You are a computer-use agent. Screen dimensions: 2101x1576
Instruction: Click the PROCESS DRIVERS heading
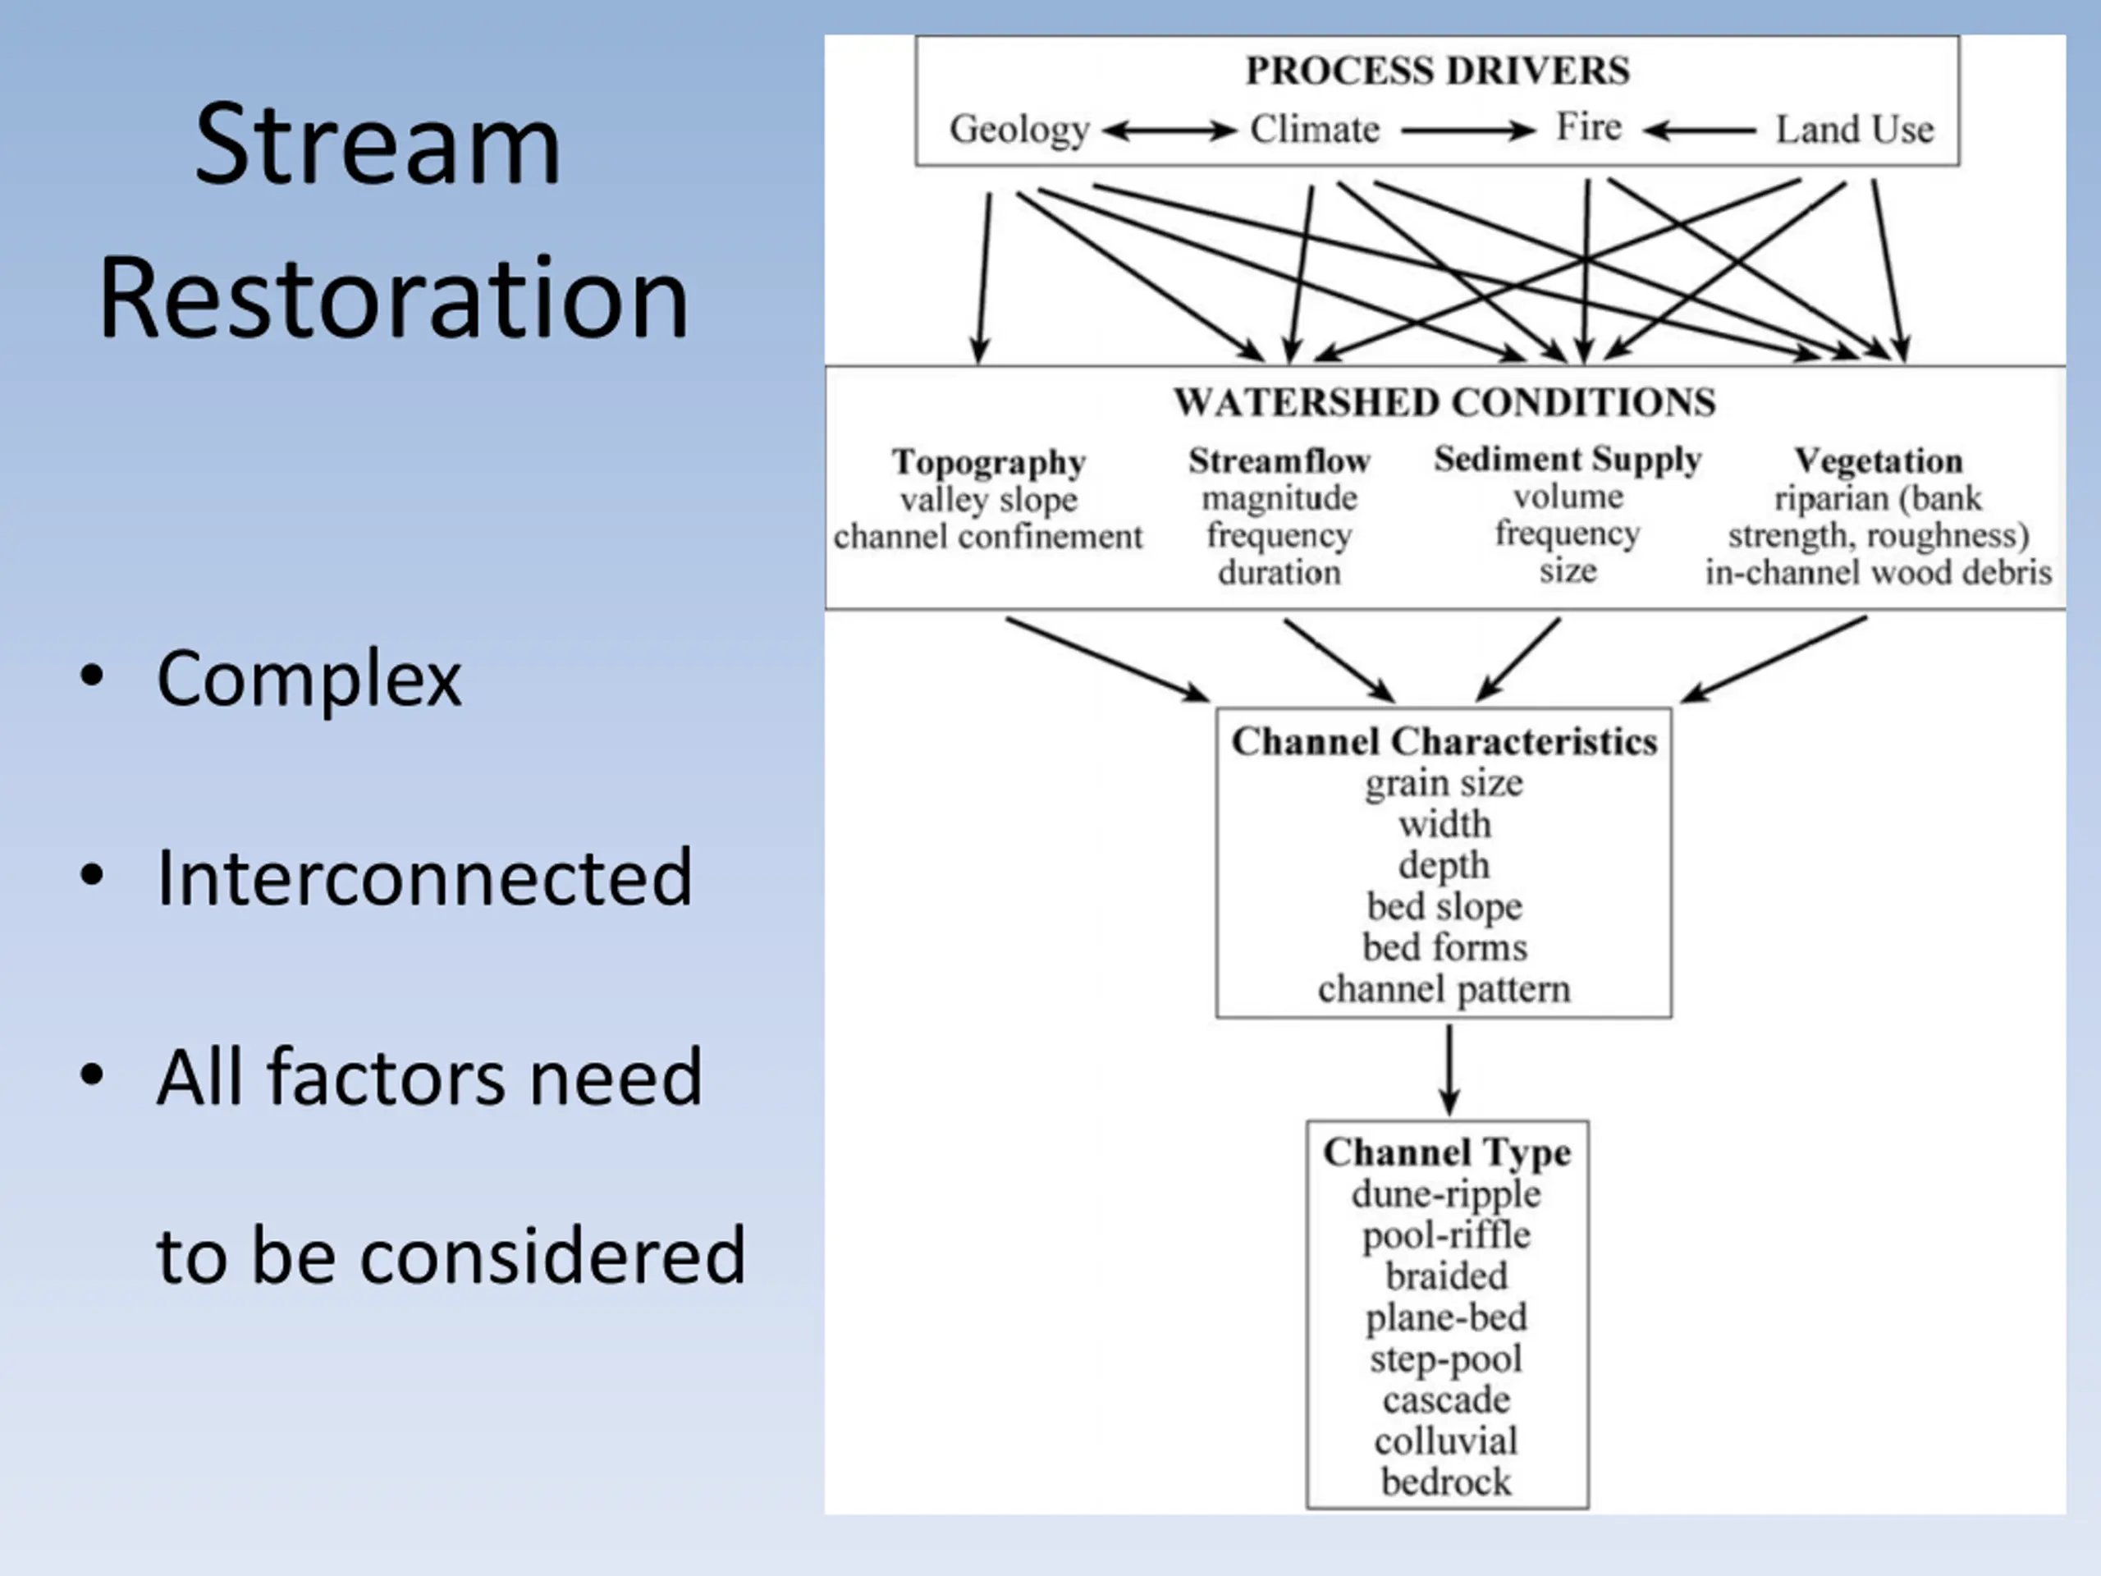pos(1437,71)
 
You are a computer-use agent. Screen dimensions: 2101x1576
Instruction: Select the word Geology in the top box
pos(1019,129)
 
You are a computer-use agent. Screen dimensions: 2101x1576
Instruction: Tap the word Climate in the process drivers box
pos(1315,128)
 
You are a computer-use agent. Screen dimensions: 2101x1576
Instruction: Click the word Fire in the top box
pos(1588,126)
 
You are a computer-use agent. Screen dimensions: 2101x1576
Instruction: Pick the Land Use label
pos(1855,128)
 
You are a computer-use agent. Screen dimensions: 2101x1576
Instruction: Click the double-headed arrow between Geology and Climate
pos(1170,131)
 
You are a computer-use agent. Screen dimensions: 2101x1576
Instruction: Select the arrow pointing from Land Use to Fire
pos(1699,131)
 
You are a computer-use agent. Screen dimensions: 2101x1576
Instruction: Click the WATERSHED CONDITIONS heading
pos(1444,402)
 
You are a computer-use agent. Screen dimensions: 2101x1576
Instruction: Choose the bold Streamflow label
pos(1279,460)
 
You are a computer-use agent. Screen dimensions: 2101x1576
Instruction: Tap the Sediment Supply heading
pos(1568,460)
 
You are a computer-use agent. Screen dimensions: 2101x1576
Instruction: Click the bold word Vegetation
pos(1878,460)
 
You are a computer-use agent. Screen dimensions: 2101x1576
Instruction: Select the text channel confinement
pos(988,537)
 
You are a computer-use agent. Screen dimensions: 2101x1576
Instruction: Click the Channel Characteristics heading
pos(1444,741)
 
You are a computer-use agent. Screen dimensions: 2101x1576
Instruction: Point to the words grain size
pos(1444,784)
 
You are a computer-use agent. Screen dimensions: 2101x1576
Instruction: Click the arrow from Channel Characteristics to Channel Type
pos(1449,1070)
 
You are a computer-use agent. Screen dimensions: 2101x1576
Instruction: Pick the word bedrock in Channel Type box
pos(1445,1482)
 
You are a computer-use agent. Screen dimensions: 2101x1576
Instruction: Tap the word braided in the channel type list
pos(1445,1276)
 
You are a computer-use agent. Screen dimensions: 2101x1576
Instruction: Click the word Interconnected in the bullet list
pos(424,877)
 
